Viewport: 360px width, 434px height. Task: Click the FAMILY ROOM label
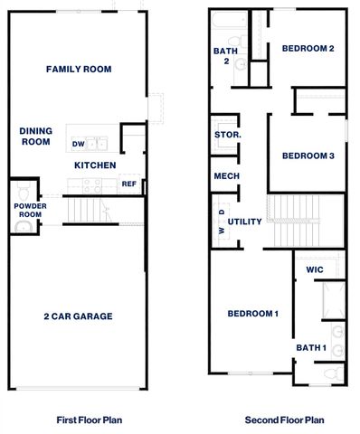click(x=79, y=69)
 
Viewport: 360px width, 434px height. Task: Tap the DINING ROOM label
click(x=34, y=136)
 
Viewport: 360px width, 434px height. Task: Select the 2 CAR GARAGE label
click(x=79, y=316)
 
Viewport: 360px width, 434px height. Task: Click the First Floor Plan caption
click(x=89, y=420)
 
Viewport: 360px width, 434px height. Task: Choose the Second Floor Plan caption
click(x=285, y=420)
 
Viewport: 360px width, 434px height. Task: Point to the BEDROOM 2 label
click(x=308, y=48)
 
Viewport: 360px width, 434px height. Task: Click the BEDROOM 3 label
click(x=308, y=156)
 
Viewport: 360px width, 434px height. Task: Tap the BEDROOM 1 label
click(x=252, y=314)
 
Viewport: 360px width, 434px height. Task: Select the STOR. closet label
click(x=226, y=135)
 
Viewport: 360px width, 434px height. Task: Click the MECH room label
click(x=225, y=175)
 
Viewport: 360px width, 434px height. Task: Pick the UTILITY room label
click(x=244, y=222)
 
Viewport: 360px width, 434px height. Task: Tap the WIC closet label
click(x=315, y=269)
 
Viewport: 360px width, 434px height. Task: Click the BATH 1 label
click(x=309, y=347)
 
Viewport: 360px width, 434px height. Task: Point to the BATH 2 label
click(x=225, y=56)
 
